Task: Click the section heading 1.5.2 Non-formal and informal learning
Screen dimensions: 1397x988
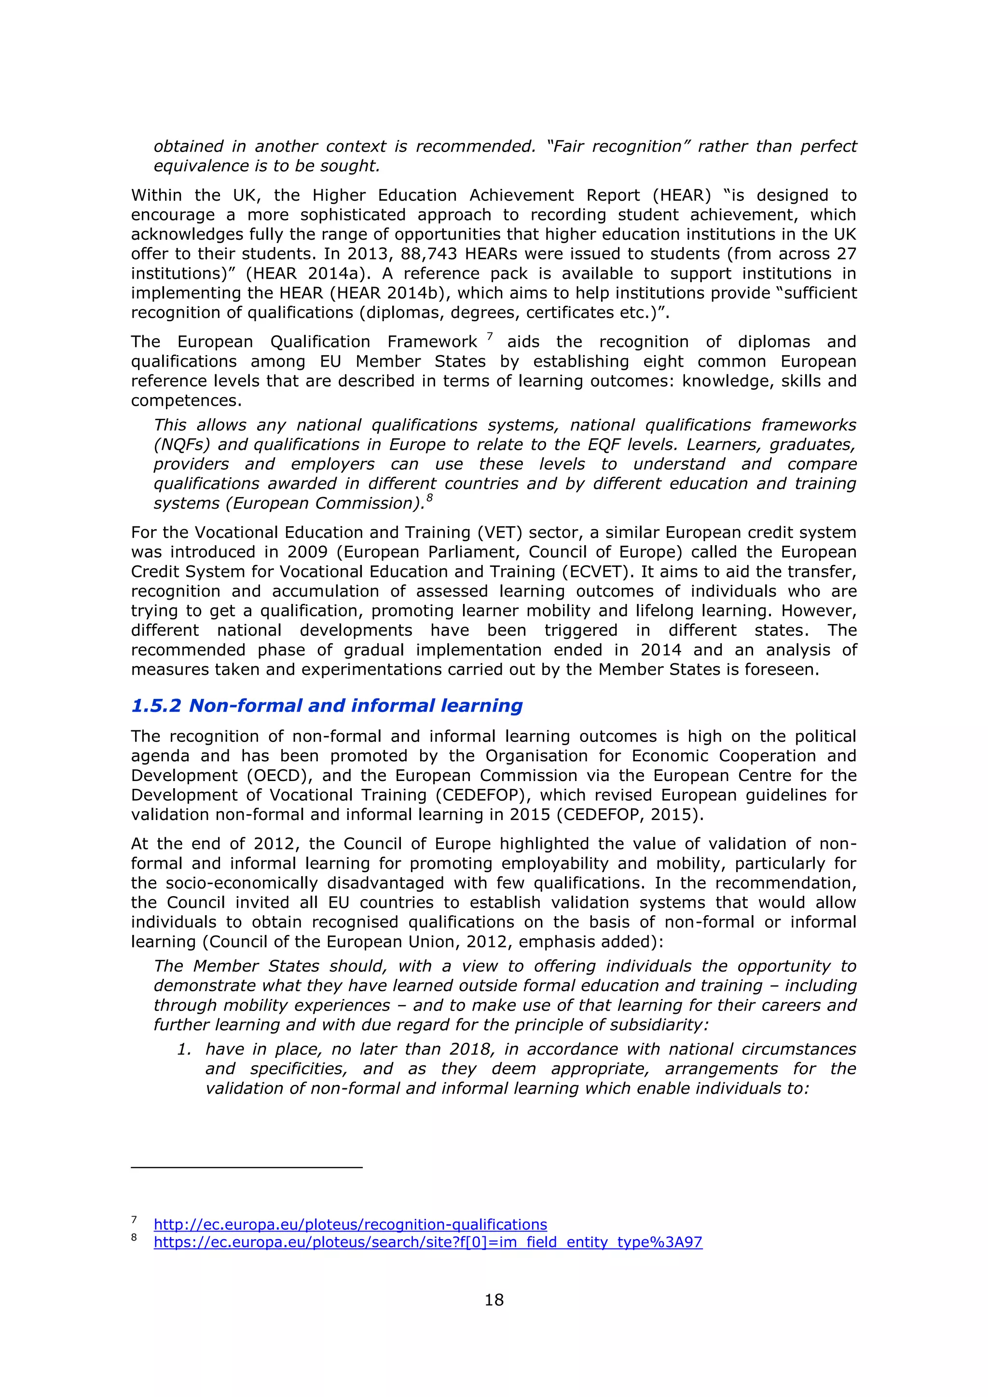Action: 327,705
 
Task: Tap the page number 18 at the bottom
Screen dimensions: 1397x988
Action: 494,1300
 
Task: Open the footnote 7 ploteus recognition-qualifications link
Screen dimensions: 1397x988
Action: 350,1224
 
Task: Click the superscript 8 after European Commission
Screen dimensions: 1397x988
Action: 429,498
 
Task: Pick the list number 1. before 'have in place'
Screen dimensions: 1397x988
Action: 184,1049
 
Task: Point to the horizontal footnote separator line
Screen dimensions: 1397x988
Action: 247,1167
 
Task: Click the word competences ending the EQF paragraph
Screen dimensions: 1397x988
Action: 185,400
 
